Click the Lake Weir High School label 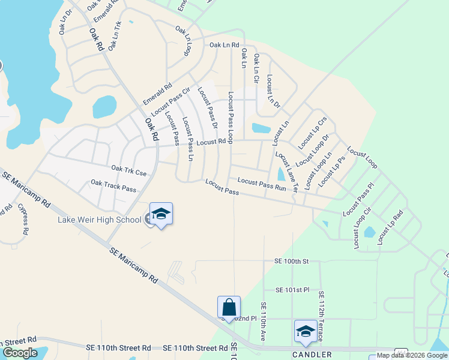click(99, 220)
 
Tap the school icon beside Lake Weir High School click(161, 214)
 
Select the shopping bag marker click(229, 308)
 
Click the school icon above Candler click(306, 331)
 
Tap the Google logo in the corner click(20, 353)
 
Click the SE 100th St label click(291, 262)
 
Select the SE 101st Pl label click(292, 290)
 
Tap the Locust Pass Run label click(262, 184)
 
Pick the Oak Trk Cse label click(129, 172)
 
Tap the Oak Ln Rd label click(224, 45)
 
